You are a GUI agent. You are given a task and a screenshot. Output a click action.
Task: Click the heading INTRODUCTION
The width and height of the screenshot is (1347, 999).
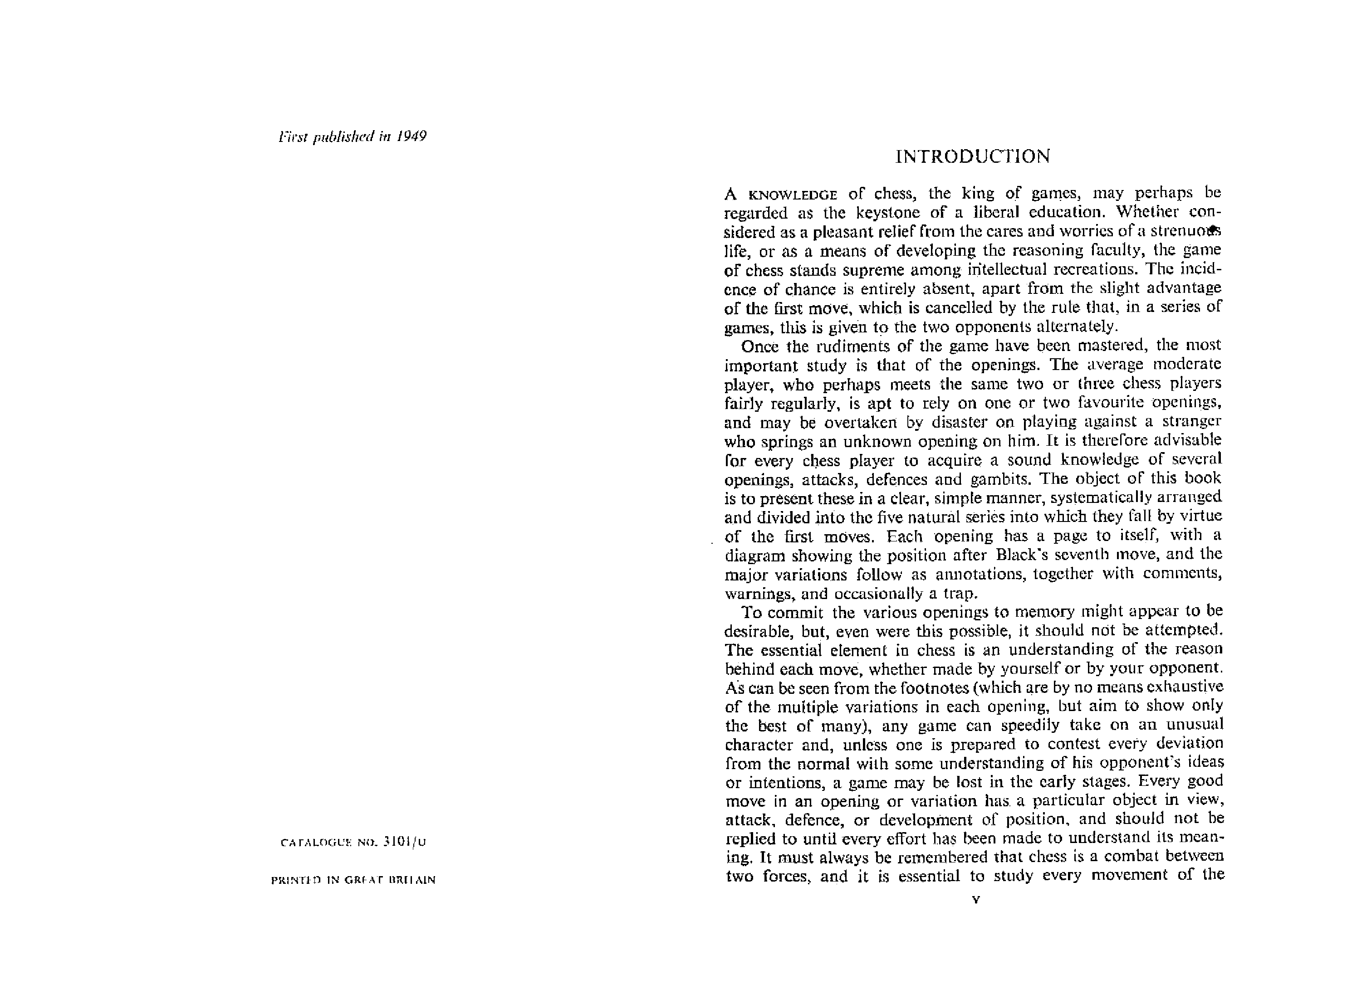(972, 156)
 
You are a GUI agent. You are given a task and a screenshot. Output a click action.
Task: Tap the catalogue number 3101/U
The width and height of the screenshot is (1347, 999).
(405, 842)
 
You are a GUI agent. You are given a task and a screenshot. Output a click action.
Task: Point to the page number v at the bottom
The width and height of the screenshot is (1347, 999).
(975, 899)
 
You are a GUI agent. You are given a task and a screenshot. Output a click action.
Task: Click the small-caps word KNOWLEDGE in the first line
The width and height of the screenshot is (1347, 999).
(792, 195)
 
